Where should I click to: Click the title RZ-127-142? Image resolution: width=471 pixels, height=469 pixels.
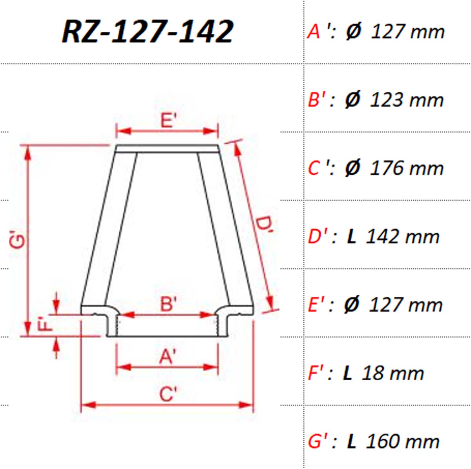(148, 32)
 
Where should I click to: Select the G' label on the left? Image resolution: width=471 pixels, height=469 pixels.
(17, 240)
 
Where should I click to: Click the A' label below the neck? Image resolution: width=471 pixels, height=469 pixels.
(168, 356)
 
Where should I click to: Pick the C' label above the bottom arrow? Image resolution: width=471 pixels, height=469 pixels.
(168, 394)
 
